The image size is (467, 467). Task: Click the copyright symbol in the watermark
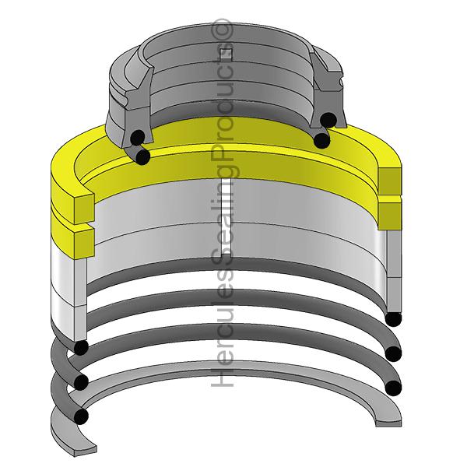point(221,30)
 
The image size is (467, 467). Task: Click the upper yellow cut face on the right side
point(390,181)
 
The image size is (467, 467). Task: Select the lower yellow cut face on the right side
point(390,216)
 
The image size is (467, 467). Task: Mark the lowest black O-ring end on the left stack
point(81,416)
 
